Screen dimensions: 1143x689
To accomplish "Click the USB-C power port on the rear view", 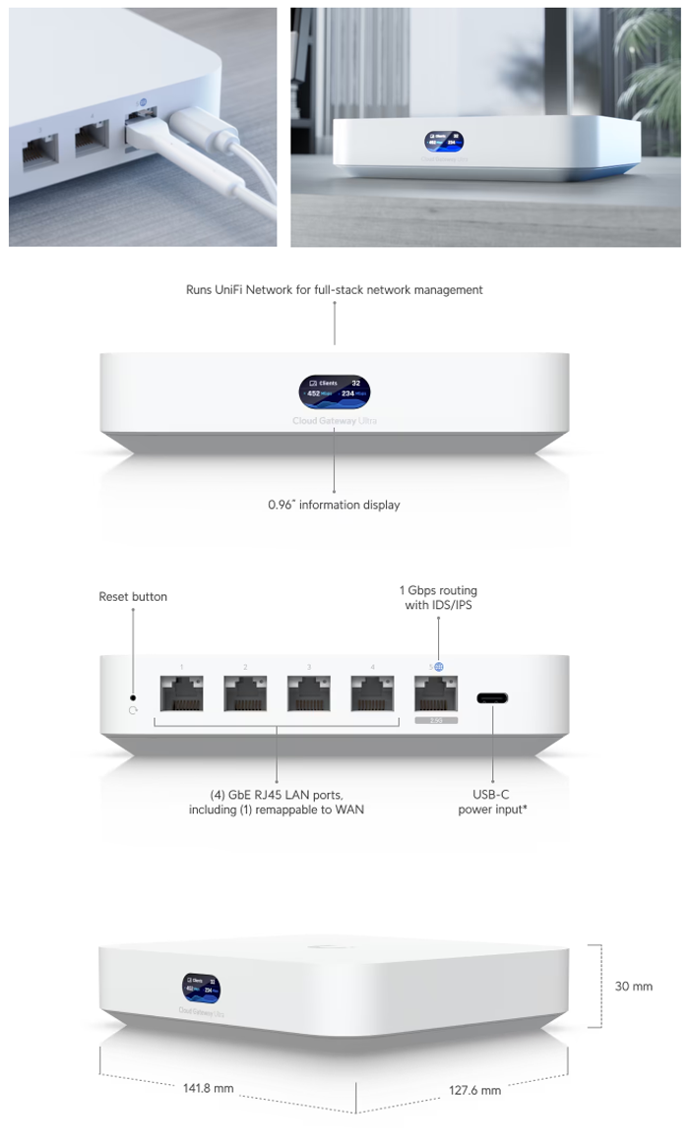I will pos(492,698).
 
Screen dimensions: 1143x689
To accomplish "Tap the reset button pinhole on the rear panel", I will pos(133,696).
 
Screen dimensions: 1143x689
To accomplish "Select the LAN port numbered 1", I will pos(182,693).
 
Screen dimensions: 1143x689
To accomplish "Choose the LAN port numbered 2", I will pos(245,693).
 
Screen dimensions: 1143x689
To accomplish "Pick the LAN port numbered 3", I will pos(308,693).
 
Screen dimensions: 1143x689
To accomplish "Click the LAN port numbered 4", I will pos(371,693).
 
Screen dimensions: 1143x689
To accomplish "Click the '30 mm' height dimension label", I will pos(634,986).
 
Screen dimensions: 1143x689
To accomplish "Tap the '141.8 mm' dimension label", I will pos(209,1088).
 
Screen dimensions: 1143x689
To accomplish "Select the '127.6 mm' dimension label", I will pos(475,1090).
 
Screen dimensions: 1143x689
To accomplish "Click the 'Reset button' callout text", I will pos(133,597).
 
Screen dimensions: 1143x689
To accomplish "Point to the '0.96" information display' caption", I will pos(335,505).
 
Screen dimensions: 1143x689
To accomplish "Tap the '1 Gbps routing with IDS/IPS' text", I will pos(438,597).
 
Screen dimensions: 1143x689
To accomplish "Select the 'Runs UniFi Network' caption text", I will pos(335,290).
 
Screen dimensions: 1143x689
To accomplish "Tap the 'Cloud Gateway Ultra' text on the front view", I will pos(335,421).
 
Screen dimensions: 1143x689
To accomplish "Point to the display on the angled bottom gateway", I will pos(201,989).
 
